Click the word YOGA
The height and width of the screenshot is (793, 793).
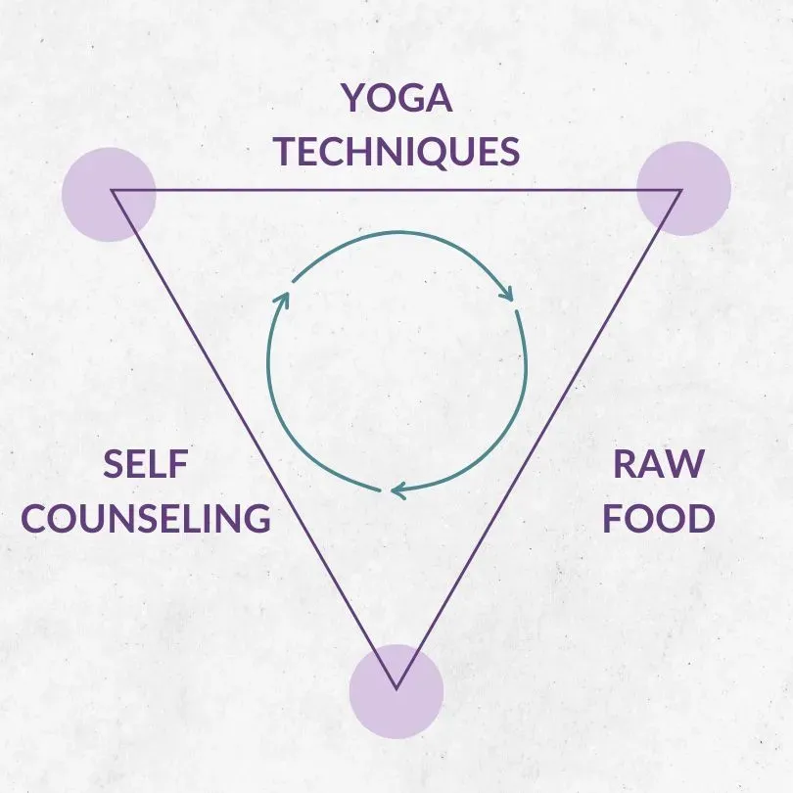point(396,99)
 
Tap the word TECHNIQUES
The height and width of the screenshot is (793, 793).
point(396,152)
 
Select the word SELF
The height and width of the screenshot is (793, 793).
point(145,465)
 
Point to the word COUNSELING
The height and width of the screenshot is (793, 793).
point(145,518)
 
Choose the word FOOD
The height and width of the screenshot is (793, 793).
point(657,518)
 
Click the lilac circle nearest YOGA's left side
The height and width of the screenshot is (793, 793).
point(109,194)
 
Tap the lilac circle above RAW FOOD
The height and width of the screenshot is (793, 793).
point(683,188)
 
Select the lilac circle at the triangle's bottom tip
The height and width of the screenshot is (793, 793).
point(396,691)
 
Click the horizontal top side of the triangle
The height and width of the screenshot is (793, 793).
point(396,190)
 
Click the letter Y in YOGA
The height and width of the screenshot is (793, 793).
point(351,99)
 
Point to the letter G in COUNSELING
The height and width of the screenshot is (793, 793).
point(255,518)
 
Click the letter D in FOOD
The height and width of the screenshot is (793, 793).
point(698,518)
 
